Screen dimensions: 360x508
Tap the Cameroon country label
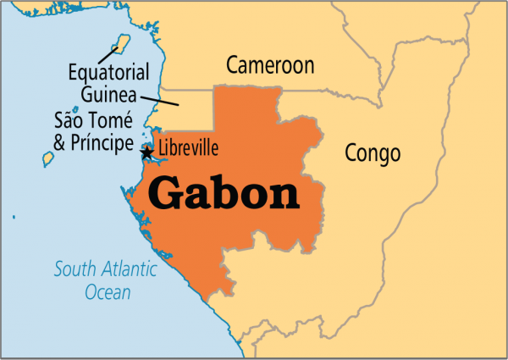coord(270,65)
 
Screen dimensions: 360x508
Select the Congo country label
coord(373,153)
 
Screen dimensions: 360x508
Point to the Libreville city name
coord(189,149)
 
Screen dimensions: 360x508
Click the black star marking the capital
coord(147,153)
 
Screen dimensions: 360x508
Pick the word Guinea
coord(109,92)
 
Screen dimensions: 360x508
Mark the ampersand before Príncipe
coord(60,142)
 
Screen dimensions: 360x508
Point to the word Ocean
coord(108,293)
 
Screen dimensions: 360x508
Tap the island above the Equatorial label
coord(121,42)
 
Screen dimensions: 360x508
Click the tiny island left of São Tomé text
coord(75,109)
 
